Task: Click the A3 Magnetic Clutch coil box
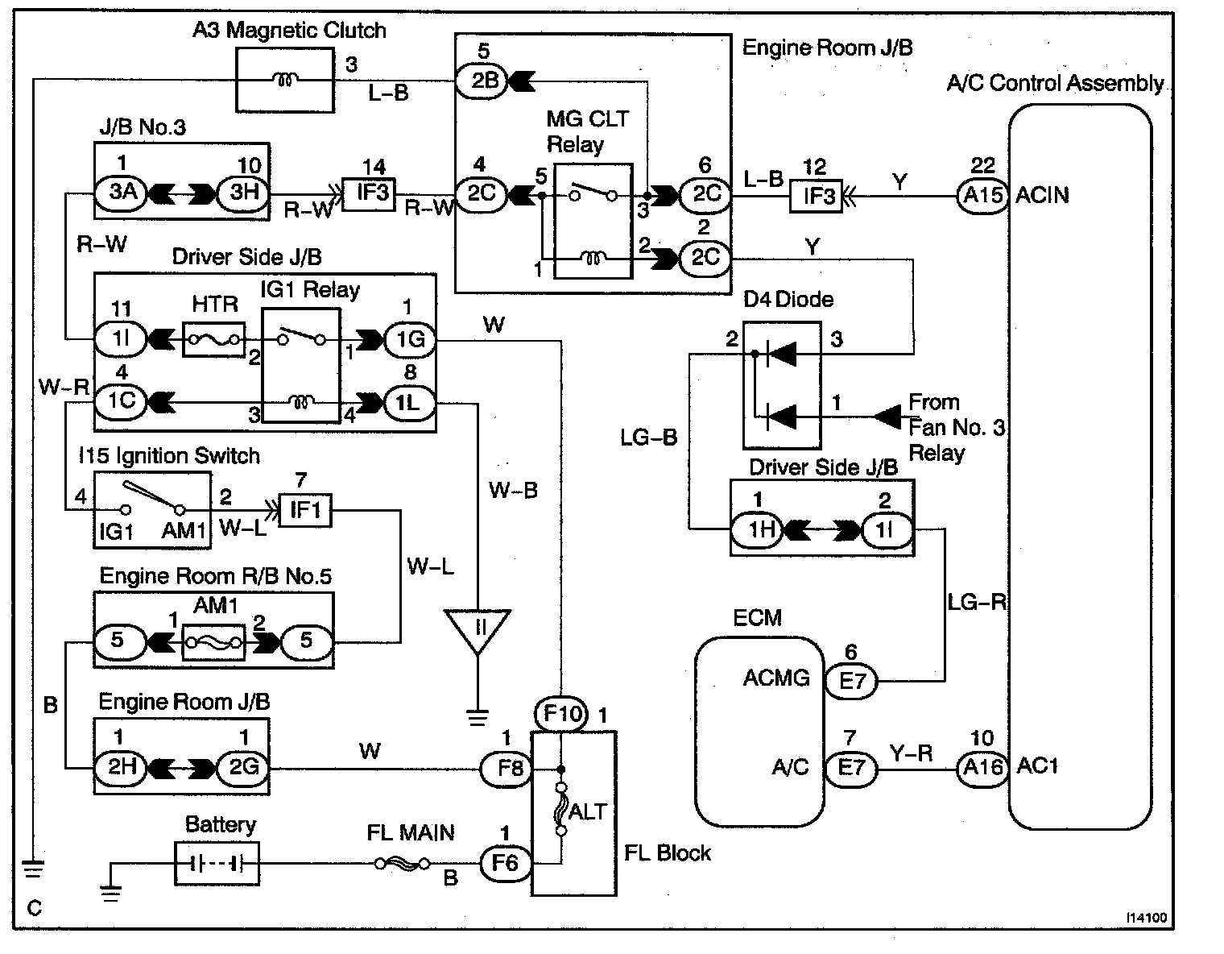[x=284, y=79]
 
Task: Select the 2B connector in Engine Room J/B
[x=482, y=79]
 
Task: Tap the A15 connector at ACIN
[x=982, y=196]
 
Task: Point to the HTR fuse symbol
[x=214, y=339]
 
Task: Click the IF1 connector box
[x=304, y=510]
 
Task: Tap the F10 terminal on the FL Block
[x=561, y=714]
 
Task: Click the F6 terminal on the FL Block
[x=505, y=865]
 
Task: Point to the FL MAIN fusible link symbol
[x=403, y=865]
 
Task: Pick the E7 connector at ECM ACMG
[x=852, y=682]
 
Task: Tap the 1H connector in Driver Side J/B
[x=757, y=531]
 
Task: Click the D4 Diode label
[x=788, y=300]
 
